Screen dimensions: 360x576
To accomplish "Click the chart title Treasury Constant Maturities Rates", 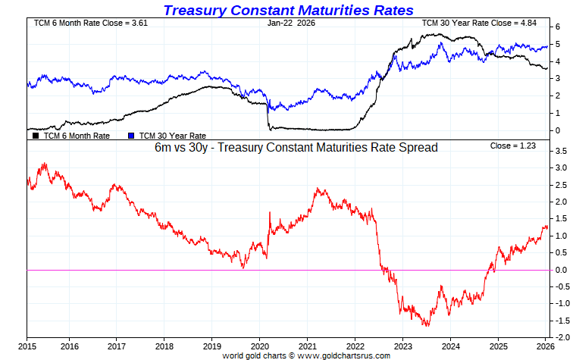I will coord(289,10).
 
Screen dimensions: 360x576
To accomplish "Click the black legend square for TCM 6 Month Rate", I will coord(36,136).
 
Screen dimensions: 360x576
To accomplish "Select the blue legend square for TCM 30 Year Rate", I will coord(131,136).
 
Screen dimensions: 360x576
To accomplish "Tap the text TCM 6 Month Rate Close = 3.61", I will coord(83,23).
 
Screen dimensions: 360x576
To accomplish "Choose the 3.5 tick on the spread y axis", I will coord(560,152).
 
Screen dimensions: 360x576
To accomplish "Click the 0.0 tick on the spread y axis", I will coord(560,270).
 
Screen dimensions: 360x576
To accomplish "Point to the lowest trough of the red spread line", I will coord(427,326).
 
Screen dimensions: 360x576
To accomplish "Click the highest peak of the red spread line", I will coord(45,163).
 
